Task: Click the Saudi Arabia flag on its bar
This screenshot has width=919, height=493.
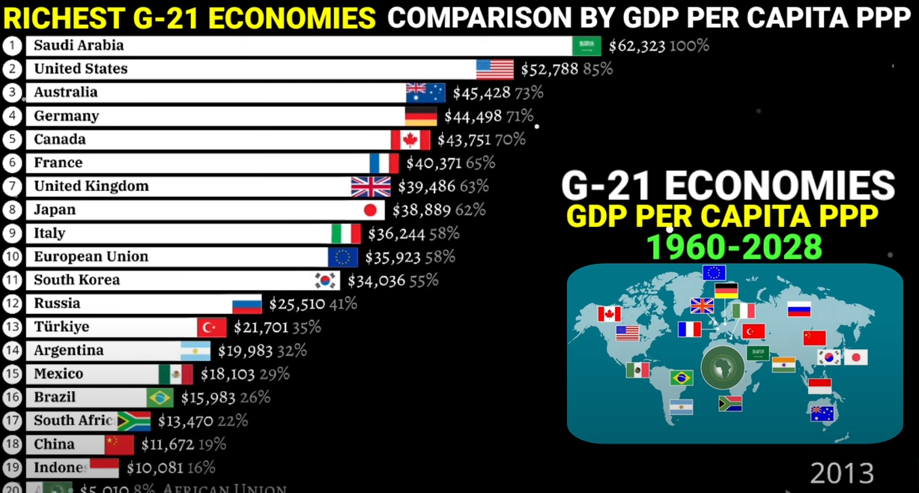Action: pos(586,46)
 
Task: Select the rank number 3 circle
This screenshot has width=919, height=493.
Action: pos(12,93)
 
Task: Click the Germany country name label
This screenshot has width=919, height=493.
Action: pos(66,116)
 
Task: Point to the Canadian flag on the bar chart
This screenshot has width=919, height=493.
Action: pos(410,140)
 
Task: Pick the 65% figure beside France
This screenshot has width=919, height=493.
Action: pos(480,163)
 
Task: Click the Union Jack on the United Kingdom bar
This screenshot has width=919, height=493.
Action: pos(371,187)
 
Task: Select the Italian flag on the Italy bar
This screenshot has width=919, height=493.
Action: pos(346,234)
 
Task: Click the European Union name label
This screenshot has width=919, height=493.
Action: pos(91,257)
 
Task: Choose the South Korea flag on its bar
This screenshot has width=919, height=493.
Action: pos(326,280)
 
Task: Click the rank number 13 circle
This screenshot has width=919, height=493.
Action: pos(12,327)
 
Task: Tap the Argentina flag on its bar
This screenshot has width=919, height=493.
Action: pos(195,351)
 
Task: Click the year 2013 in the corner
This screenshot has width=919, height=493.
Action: pos(842,474)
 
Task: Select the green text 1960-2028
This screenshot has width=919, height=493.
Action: pos(734,247)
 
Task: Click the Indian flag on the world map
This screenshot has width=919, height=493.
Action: pos(783,364)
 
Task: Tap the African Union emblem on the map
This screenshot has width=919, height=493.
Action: pos(723,368)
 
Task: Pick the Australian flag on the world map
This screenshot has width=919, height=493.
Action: pos(822,413)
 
